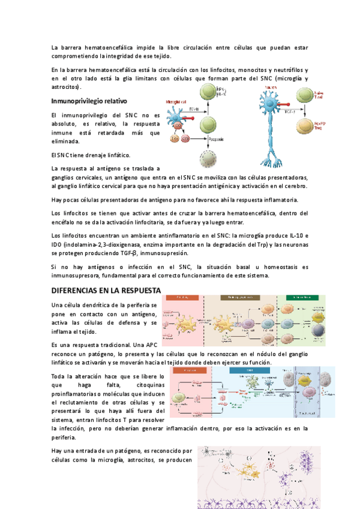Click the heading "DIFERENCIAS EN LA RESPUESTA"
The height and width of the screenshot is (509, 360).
click(x=106, y=291)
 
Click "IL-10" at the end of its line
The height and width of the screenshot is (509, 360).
click(x=299, y=235)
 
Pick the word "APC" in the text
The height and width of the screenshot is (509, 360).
click(x=155, y=346)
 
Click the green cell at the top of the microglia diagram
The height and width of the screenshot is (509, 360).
click(x=207, y=93)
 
